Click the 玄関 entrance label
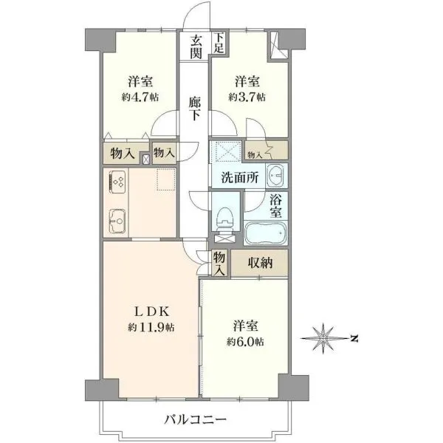pos(196,47)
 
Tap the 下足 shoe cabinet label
pos(219,43)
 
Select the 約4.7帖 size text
pos(140,97)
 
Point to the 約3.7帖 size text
pos(247,97)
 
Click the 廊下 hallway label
pos(195,109)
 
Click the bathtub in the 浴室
pos(266,233)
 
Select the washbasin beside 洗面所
pos(276,176)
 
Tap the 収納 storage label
pos(260,263)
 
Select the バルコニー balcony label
pos(196,419)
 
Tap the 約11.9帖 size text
pos(151,327)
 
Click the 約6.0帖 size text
pos(246,342)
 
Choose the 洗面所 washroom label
pos(239,177)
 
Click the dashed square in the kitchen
pos(166,179)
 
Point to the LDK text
pos(151,312)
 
